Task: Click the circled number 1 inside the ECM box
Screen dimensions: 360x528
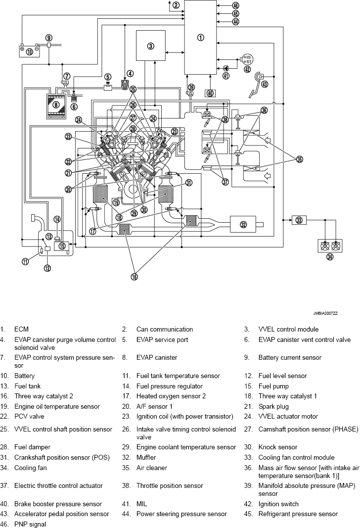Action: [x=200, y=38]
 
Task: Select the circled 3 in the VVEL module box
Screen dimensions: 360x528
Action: [x=151, y=46]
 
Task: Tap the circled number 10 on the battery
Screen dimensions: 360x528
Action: [x=29, y=52]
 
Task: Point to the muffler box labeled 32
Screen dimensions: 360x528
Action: [x=243, y=224]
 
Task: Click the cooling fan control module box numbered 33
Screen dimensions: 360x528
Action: [x=299, y=220]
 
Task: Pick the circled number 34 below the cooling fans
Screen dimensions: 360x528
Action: [x=330, y=257]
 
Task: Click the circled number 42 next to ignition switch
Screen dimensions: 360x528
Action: [x=247, y=69]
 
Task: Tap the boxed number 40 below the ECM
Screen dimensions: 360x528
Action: [x=210, y=93]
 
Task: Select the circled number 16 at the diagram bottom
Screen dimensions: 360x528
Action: [x=134, y=277]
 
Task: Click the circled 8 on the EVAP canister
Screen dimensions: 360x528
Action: [x=56, y=104]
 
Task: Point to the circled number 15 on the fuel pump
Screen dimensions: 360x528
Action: [x=62, y=246]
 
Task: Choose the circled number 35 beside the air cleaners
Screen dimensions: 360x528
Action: [x=300, y=159]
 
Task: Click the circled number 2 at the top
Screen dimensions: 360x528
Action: [x=176, y=5]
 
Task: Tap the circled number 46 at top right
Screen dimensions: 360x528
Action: [x=235, y=5]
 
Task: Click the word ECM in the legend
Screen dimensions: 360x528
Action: [x=21, y=330]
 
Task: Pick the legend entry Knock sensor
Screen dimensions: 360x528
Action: [x=278, y=447]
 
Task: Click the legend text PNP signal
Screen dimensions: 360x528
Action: [x=30, y=525]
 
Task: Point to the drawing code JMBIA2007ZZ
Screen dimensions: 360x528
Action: [x=325, y=313]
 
